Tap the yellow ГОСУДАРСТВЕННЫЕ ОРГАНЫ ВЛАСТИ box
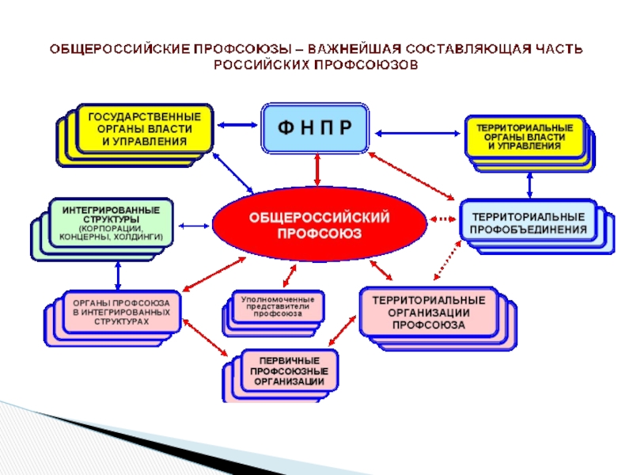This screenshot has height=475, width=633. [x=144, y=129]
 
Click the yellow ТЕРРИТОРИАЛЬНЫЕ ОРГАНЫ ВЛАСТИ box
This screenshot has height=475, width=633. [x=524, y=136]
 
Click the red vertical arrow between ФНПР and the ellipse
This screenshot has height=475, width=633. [x=317, y=169]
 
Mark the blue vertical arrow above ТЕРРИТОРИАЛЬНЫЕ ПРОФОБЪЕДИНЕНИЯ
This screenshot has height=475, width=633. [x=529, y=183]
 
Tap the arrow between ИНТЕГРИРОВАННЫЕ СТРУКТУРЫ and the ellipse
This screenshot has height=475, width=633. [x=192, y=222]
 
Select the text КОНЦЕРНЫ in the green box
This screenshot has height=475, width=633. [x=79, y=237]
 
